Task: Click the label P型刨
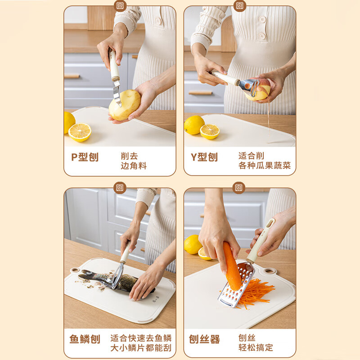tap(85, 157)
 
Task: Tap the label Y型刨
tap(204, 157)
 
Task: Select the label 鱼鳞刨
tap(85, 339)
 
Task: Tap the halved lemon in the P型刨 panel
tap(80, 132)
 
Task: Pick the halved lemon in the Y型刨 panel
tap(210, 131)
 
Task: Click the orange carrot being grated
tap(232, 265)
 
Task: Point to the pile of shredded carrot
tap(256, 292)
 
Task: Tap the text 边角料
tap(134, 166)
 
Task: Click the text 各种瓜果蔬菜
tap(265, 166)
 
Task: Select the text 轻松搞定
tap(256, 347)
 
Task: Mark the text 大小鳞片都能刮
tap(141, 347)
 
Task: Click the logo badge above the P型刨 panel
tap(120, 6)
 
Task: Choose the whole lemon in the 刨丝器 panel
tap(193, 244)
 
